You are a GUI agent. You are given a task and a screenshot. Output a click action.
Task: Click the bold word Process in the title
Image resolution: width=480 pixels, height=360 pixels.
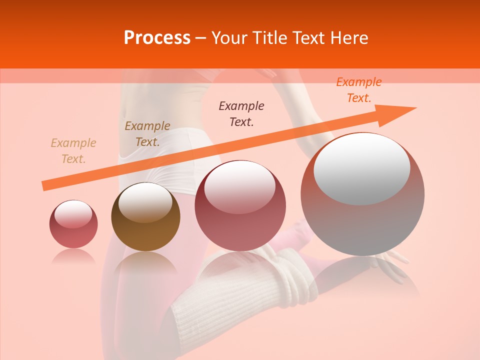157,38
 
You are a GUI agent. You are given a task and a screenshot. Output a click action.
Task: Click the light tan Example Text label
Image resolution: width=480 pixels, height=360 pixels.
73,151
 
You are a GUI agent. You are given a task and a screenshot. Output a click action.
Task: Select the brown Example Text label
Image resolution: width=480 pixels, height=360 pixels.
147,134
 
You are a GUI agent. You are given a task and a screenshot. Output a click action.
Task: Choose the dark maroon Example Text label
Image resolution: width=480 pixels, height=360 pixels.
241,113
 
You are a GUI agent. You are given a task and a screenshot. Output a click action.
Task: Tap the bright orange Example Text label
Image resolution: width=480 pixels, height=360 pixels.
358,90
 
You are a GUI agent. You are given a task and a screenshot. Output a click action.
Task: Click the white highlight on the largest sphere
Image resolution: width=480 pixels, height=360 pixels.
361,167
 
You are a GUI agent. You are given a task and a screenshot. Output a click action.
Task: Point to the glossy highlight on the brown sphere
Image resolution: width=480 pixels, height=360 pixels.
145,201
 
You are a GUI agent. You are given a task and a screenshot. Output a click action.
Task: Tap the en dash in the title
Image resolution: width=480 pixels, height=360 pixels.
200,38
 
